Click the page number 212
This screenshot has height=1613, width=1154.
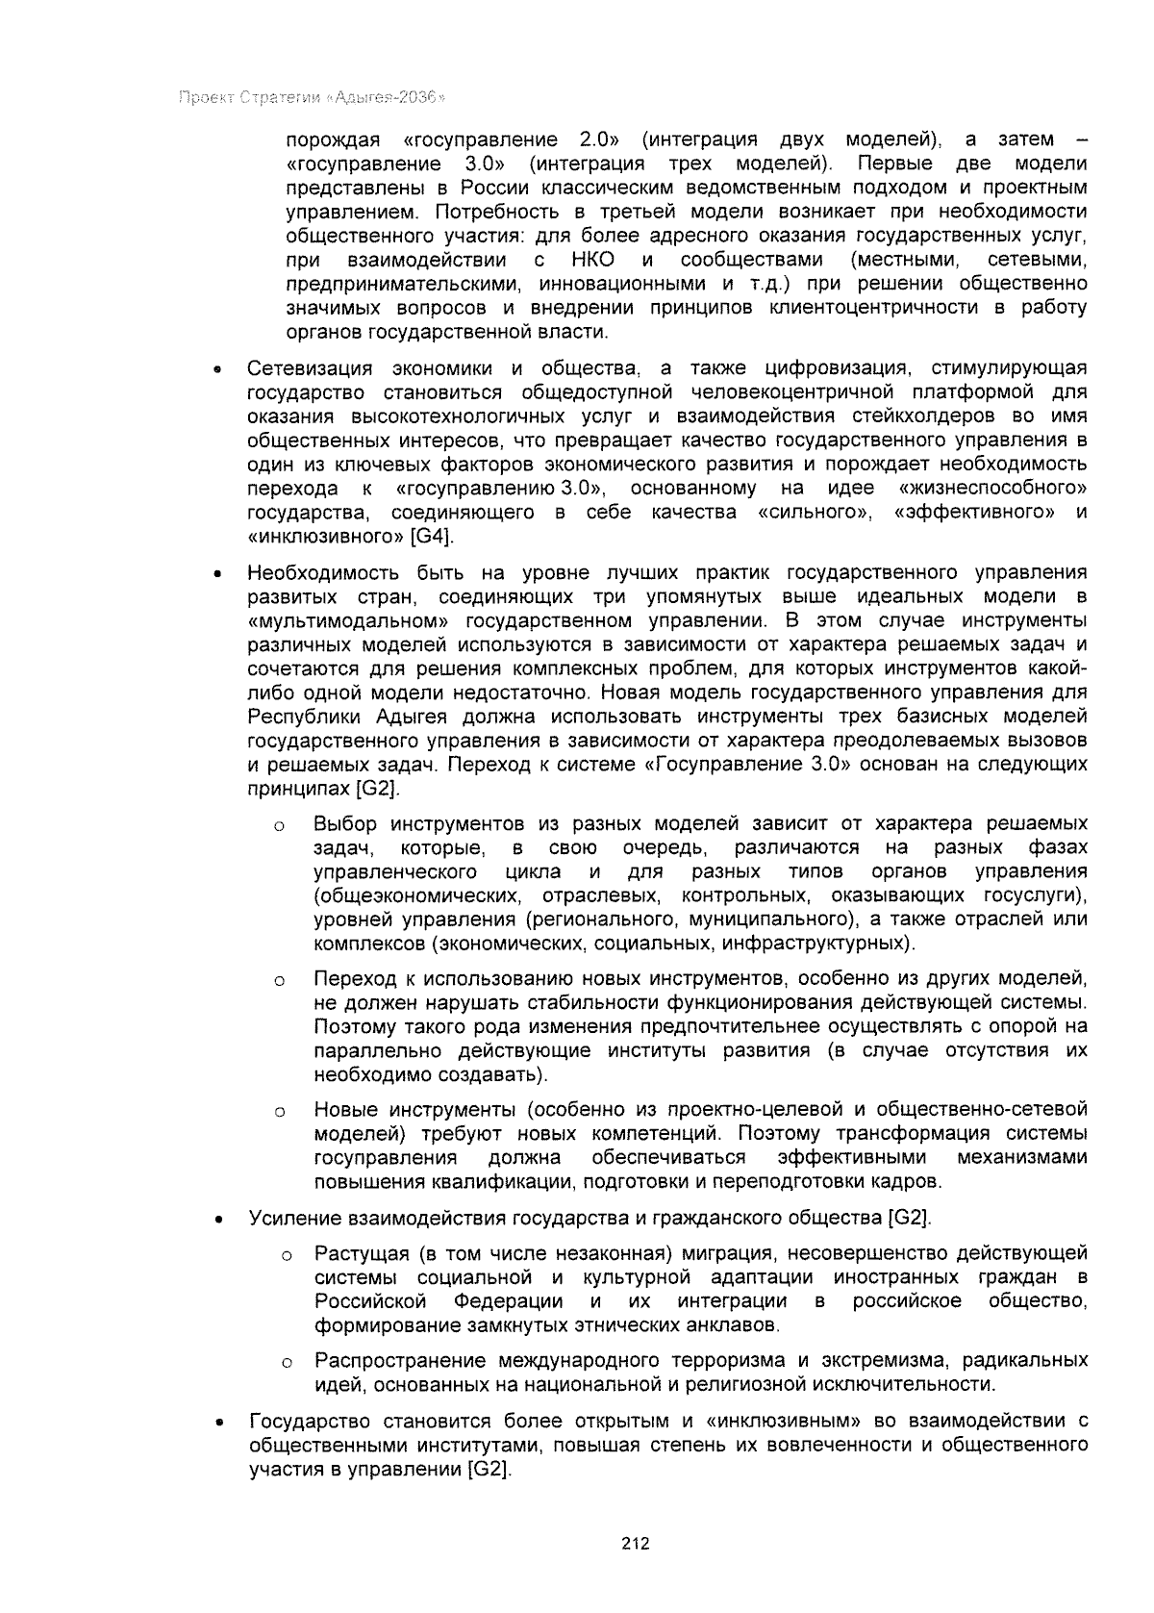[635, 1544]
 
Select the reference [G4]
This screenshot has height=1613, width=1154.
[431, 537]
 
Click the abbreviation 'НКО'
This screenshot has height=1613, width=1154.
[592, 260]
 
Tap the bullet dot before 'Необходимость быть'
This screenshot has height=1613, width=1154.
[219, 574]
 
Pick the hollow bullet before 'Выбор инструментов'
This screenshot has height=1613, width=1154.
[279, 825]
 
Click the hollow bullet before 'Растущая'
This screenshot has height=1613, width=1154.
[286, 1255]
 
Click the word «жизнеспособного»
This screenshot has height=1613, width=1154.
[991, 489]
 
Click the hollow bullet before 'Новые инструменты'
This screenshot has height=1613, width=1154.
[279, 1112]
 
